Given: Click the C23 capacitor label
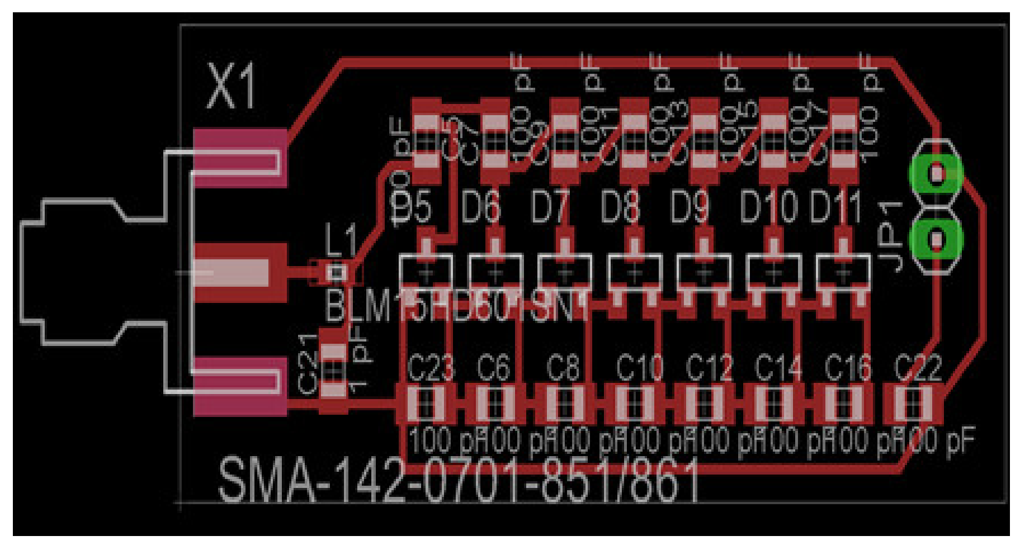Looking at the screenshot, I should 431,368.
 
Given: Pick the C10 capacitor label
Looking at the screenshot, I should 639,368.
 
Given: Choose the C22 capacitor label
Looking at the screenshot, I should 917,368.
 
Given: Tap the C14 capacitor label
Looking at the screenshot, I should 778,368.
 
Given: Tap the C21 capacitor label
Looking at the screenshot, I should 308,364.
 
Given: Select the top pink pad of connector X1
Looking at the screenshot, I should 240,158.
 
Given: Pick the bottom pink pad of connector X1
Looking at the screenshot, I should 240,387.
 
